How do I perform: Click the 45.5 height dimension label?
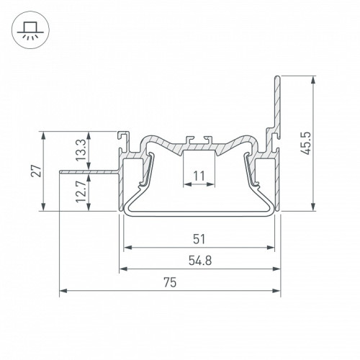(x=307, y=143)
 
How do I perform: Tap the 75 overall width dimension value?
(x=170, y=282)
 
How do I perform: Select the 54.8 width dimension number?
(x=200, y=261)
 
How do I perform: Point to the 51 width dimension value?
(x=199, y=239)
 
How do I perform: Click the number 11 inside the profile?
(x=199, y=176)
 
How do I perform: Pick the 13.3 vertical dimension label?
(x=81, y=150)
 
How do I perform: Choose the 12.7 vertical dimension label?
(x=81, y=192)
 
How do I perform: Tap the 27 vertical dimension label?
(x=36, y=171)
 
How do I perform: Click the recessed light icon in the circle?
(x=30, y=30)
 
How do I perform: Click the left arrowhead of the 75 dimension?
(x=63, y=291)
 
